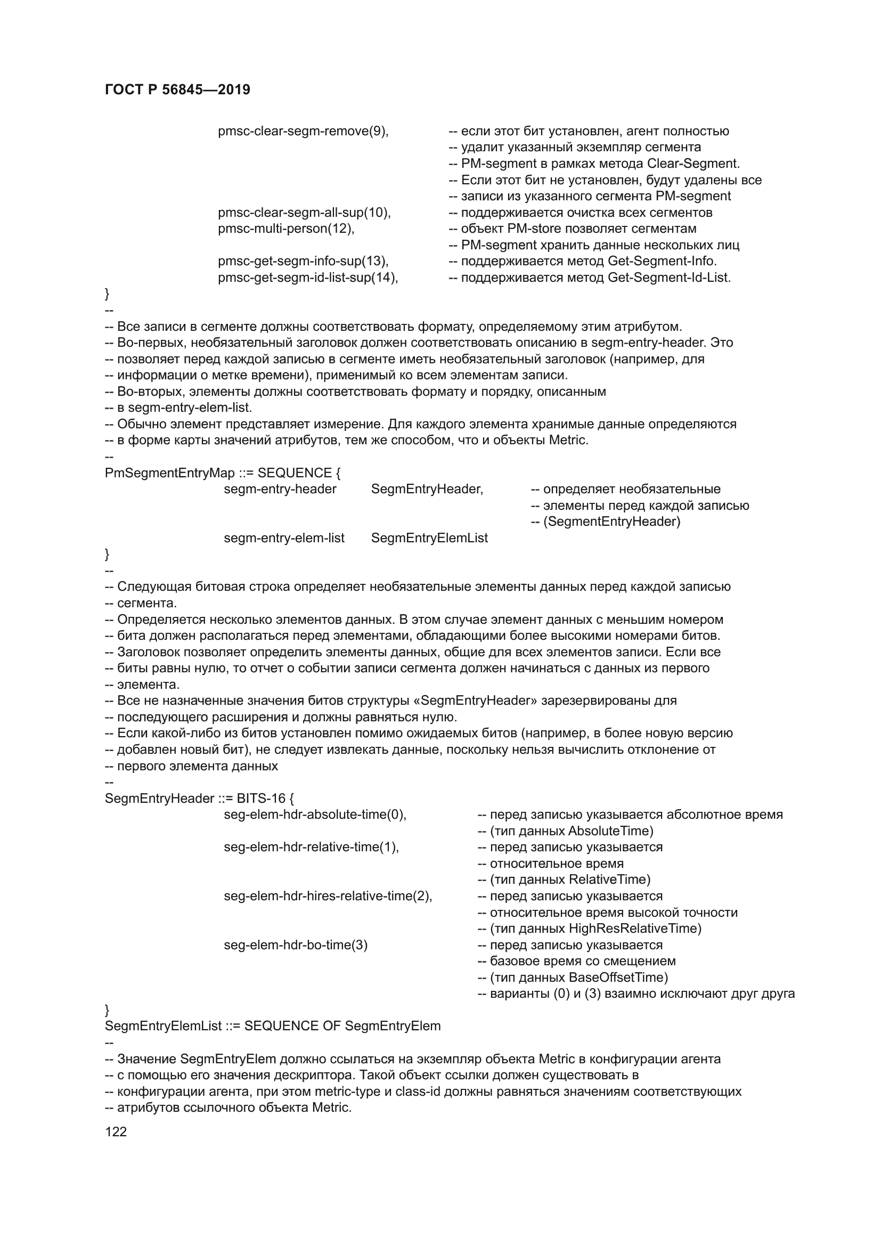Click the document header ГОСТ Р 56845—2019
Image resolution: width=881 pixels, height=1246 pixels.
(x=177, y=90)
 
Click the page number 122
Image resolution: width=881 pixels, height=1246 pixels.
(x=116, y=1131)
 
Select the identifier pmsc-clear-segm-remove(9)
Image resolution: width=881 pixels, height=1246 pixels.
(x=303, y=132)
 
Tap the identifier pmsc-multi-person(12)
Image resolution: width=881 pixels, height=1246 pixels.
(x=286, y=229)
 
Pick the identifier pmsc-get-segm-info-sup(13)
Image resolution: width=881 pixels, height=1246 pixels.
(x=303, y=262)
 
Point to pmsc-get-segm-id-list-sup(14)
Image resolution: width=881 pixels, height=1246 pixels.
(x=307, y=278)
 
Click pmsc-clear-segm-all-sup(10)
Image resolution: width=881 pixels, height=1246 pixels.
(x=304, y=213)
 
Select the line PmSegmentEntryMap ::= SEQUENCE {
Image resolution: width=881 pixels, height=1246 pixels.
(x=223, y=473)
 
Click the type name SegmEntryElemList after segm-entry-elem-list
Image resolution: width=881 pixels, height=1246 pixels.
(x=429, y=539)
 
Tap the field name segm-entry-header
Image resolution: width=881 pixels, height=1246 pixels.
(x=280, y=490)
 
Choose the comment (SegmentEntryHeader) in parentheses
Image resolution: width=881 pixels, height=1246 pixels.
(x=611, y=522)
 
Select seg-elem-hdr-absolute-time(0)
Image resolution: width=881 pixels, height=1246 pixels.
(x=315, y=815)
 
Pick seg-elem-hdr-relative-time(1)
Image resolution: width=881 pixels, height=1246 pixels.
(x=312, y=848)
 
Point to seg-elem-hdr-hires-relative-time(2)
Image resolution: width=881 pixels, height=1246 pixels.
(x=328, y=897)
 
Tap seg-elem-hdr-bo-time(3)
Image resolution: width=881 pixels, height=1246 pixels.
(x=296, y=946)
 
